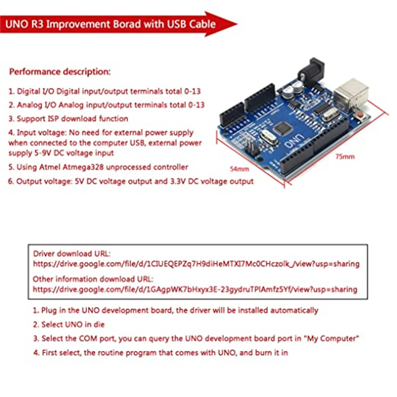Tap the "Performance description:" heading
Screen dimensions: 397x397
pos(60,71)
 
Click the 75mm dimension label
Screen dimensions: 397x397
pos(345,157)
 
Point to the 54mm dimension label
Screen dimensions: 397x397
pos(239,169)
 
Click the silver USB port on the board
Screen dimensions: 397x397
pos(351,94)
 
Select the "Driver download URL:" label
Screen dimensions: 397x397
pos(71,254)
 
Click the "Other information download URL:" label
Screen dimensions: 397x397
pos(93,279)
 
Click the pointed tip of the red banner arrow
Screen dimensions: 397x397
pos(237,24)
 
